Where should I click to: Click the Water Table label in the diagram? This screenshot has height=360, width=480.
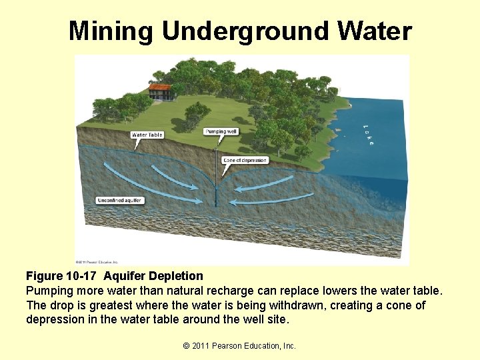147,135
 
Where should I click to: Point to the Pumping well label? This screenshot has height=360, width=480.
220,131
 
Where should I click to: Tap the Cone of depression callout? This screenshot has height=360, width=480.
245,160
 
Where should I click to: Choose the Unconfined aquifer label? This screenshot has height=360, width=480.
120,200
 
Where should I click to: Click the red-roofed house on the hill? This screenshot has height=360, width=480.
159,91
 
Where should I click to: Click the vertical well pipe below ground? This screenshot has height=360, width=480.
217,177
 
